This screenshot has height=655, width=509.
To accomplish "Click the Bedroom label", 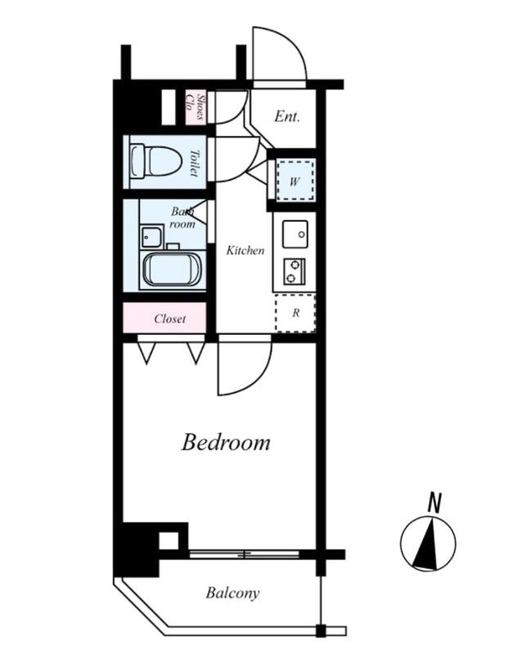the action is (226, 442).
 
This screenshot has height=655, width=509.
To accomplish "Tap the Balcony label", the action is (232, 593).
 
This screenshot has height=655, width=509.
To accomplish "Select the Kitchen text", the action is (245, 251).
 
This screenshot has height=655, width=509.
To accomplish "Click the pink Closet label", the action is (169, 318).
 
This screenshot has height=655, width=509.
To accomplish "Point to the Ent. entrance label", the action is (287, 116).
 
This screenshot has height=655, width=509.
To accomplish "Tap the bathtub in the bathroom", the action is (173, 269).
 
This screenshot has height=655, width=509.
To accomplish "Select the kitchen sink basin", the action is (295, 234).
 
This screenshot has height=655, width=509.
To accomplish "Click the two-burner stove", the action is (294, 271).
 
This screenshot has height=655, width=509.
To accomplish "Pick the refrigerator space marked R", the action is (295, 313).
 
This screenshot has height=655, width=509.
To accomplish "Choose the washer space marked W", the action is (295, 181).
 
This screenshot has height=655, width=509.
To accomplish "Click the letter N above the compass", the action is (435, 503).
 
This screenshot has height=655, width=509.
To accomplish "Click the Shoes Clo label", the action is (196, 108).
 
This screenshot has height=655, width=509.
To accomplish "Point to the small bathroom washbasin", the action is (151, 237).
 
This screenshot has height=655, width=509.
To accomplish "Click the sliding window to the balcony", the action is (244, 555).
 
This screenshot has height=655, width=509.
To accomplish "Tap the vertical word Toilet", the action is (194, 163).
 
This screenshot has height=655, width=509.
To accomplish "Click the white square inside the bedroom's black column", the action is (169, 541).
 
